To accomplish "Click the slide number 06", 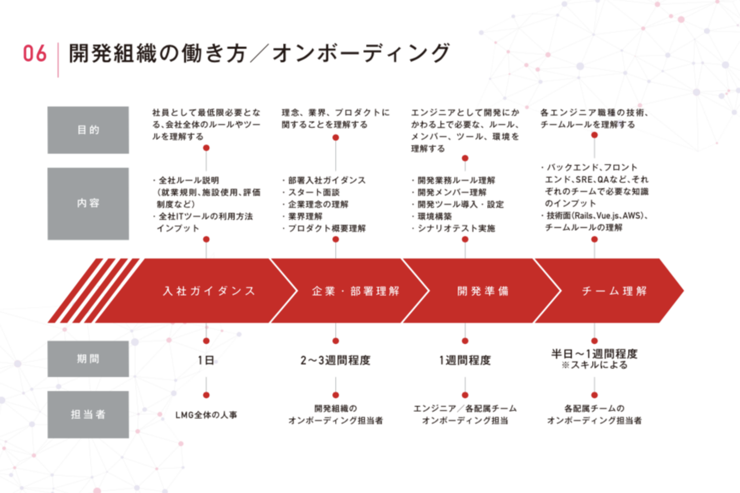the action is tap(35, 53).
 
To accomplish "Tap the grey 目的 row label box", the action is tap(88, 130).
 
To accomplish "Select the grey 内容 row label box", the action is tap(88, 203).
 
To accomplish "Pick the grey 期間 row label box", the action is tap(88, 358).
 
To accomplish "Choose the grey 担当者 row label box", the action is tap(88, 414).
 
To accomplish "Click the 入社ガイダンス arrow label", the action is tap(210, 291).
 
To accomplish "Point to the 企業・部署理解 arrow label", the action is tap(356, 291).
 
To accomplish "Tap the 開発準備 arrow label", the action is tap(483, 291).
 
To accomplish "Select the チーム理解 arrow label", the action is tap(614, 291).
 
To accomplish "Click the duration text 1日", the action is tap(206, 360).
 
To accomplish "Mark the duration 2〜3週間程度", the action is tap(335, 361).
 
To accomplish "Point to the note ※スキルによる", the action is tap(594, 365).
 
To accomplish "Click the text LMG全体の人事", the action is tap(206, 415).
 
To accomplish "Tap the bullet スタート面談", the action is tap(313, 192).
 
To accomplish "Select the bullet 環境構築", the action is tap(434, 216).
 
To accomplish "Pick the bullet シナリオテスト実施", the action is tap(456, 228).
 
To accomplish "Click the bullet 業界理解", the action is tap(305, 216).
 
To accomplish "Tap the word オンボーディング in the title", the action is tap(361, 53).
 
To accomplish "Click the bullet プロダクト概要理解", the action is tap(327, 228).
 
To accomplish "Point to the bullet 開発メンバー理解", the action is tap(452, 192).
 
